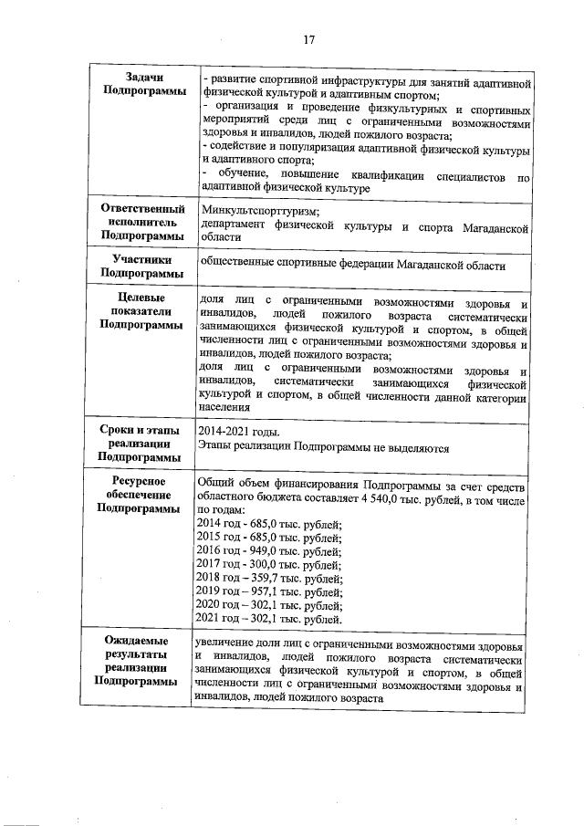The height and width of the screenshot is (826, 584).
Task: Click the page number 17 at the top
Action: pyautogui.click(x=308, y=39)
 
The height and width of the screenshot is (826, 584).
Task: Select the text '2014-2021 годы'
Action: pyautogui.click(x=240, y=432)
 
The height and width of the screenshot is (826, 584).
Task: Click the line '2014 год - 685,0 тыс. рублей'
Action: pyautogui.click(x=269, y=523)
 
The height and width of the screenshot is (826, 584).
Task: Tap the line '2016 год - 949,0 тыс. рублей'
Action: pyautogui.click(x=269, y=551)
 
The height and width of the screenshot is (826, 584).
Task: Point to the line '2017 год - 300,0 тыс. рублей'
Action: pyautogui.click(x=269, y=565)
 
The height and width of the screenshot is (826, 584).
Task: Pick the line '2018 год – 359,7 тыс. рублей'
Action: pyautogui.click(x=269, y=579)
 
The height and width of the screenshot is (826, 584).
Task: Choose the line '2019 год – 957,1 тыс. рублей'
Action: pyautogui.click(x=269, y=592)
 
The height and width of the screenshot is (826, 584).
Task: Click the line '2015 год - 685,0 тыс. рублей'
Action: pyautogui.click(x=269, y=538)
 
